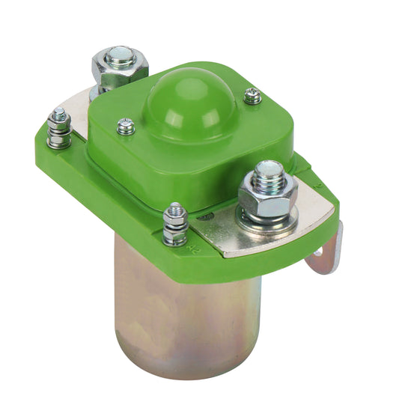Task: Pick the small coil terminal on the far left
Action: click(58, 129)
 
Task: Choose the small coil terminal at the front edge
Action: click(175, 224)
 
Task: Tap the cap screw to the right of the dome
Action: click(252, 96)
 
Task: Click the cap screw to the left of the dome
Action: click(126, 127)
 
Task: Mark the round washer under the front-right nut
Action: click(269, 219)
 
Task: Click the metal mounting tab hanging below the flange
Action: click(328, 251)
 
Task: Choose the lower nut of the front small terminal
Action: click(175, 237)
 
